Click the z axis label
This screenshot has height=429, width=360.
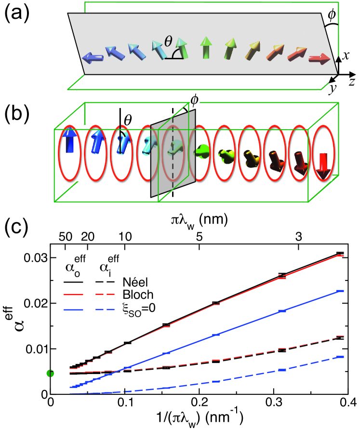click(x=352, y=80)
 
